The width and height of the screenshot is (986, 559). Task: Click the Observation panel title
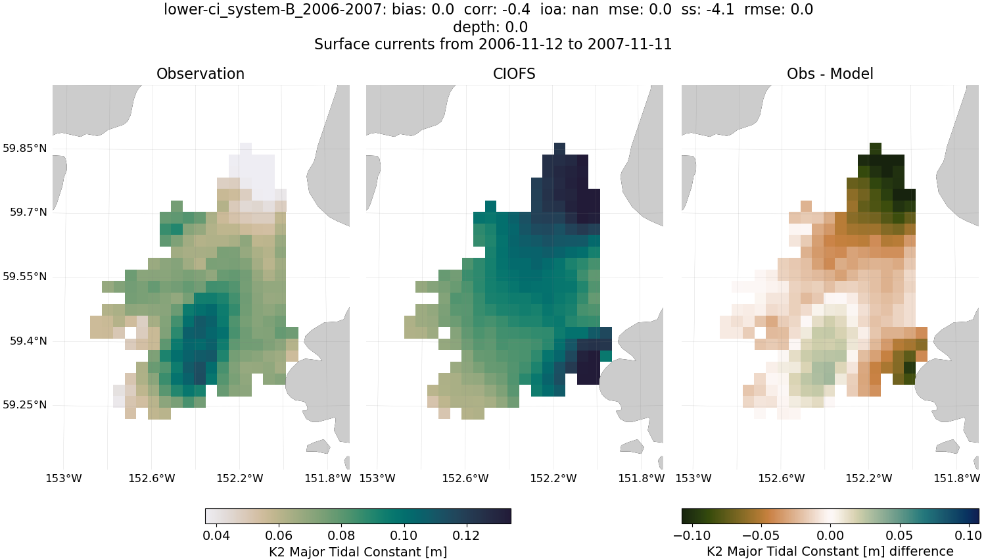(x=200, y=74)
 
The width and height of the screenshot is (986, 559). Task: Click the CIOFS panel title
(x=514, y=74)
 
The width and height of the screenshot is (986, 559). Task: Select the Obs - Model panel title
(x=830, y=74)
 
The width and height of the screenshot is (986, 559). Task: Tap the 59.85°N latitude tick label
(x=25, y=148)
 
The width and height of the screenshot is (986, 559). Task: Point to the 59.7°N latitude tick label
(x=28, y=212)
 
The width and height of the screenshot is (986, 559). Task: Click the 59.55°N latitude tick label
(x=25, y=277)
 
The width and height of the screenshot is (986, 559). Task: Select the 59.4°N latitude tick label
(x=28, y=341)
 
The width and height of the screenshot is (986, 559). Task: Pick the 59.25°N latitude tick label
(x=25, y=405)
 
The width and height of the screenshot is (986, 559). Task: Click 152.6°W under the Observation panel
(x=152, y=478)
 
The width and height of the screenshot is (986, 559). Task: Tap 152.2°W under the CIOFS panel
(x=553, y=478)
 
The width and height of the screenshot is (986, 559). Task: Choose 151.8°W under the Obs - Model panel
(x=956, y=478)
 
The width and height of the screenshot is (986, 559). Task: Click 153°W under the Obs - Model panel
(x=693, y=478)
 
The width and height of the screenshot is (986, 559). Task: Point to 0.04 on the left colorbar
(x=216, y=535)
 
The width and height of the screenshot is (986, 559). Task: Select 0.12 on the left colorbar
(x=466, y=535)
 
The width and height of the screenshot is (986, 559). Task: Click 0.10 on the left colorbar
(x=404, y=535)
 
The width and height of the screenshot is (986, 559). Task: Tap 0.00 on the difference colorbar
(x=830, y=535)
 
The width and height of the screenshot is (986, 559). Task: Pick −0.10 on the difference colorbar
(x=692, y=535)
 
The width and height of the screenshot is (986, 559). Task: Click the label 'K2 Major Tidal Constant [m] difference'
(x=830, y=551)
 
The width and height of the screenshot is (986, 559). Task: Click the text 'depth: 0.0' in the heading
(x=490, y=27)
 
